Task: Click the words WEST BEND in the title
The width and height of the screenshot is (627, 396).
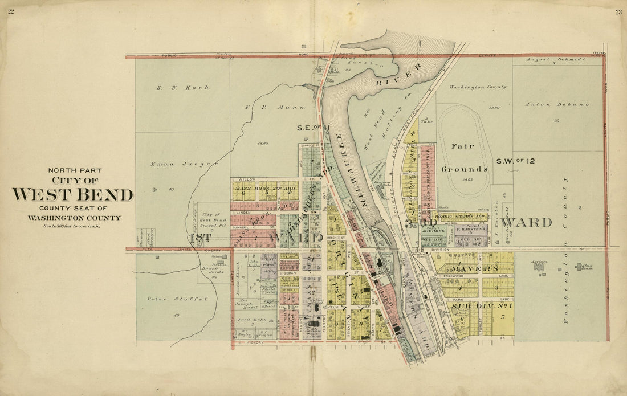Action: pyautogui.click(x=73, y=195)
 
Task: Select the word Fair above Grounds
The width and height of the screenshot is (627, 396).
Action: pyautogui.click(x=463, y=146)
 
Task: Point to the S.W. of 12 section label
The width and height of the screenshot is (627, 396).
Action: pyautogui.click(x=515, y=161)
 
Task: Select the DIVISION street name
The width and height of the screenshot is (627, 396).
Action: pyautogui.click(x=440, y=250)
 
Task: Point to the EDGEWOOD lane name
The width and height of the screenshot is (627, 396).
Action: pyautogui.click(x=451, y=276)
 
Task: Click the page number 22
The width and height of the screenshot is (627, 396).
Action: pyautogui.click(x=11, y=12)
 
